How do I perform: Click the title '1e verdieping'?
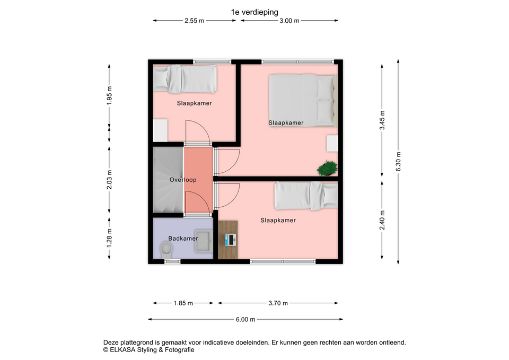pos(254,12)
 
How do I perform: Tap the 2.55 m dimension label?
pos(194,21)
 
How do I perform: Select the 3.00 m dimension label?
pos(289,21)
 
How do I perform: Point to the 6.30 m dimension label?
pos(398,162)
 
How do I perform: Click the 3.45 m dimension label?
pos(382,120)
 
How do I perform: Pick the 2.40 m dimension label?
pos(382,220)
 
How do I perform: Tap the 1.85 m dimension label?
pos(183,303)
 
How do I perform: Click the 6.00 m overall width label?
pos(245,319)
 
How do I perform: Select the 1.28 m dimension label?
pos(109,238)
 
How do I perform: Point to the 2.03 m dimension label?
pos(109,180)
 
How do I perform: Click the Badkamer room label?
pos(183,239)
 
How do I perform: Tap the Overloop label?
pos(183,180)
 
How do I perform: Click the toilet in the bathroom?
pos(166,251)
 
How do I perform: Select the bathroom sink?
pos(204,241)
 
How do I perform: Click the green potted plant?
pos(327,168)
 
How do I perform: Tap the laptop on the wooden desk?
pos(231,240)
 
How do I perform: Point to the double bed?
pos(303,100)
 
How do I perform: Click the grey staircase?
pos(168,180)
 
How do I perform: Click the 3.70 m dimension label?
pos(278,303)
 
